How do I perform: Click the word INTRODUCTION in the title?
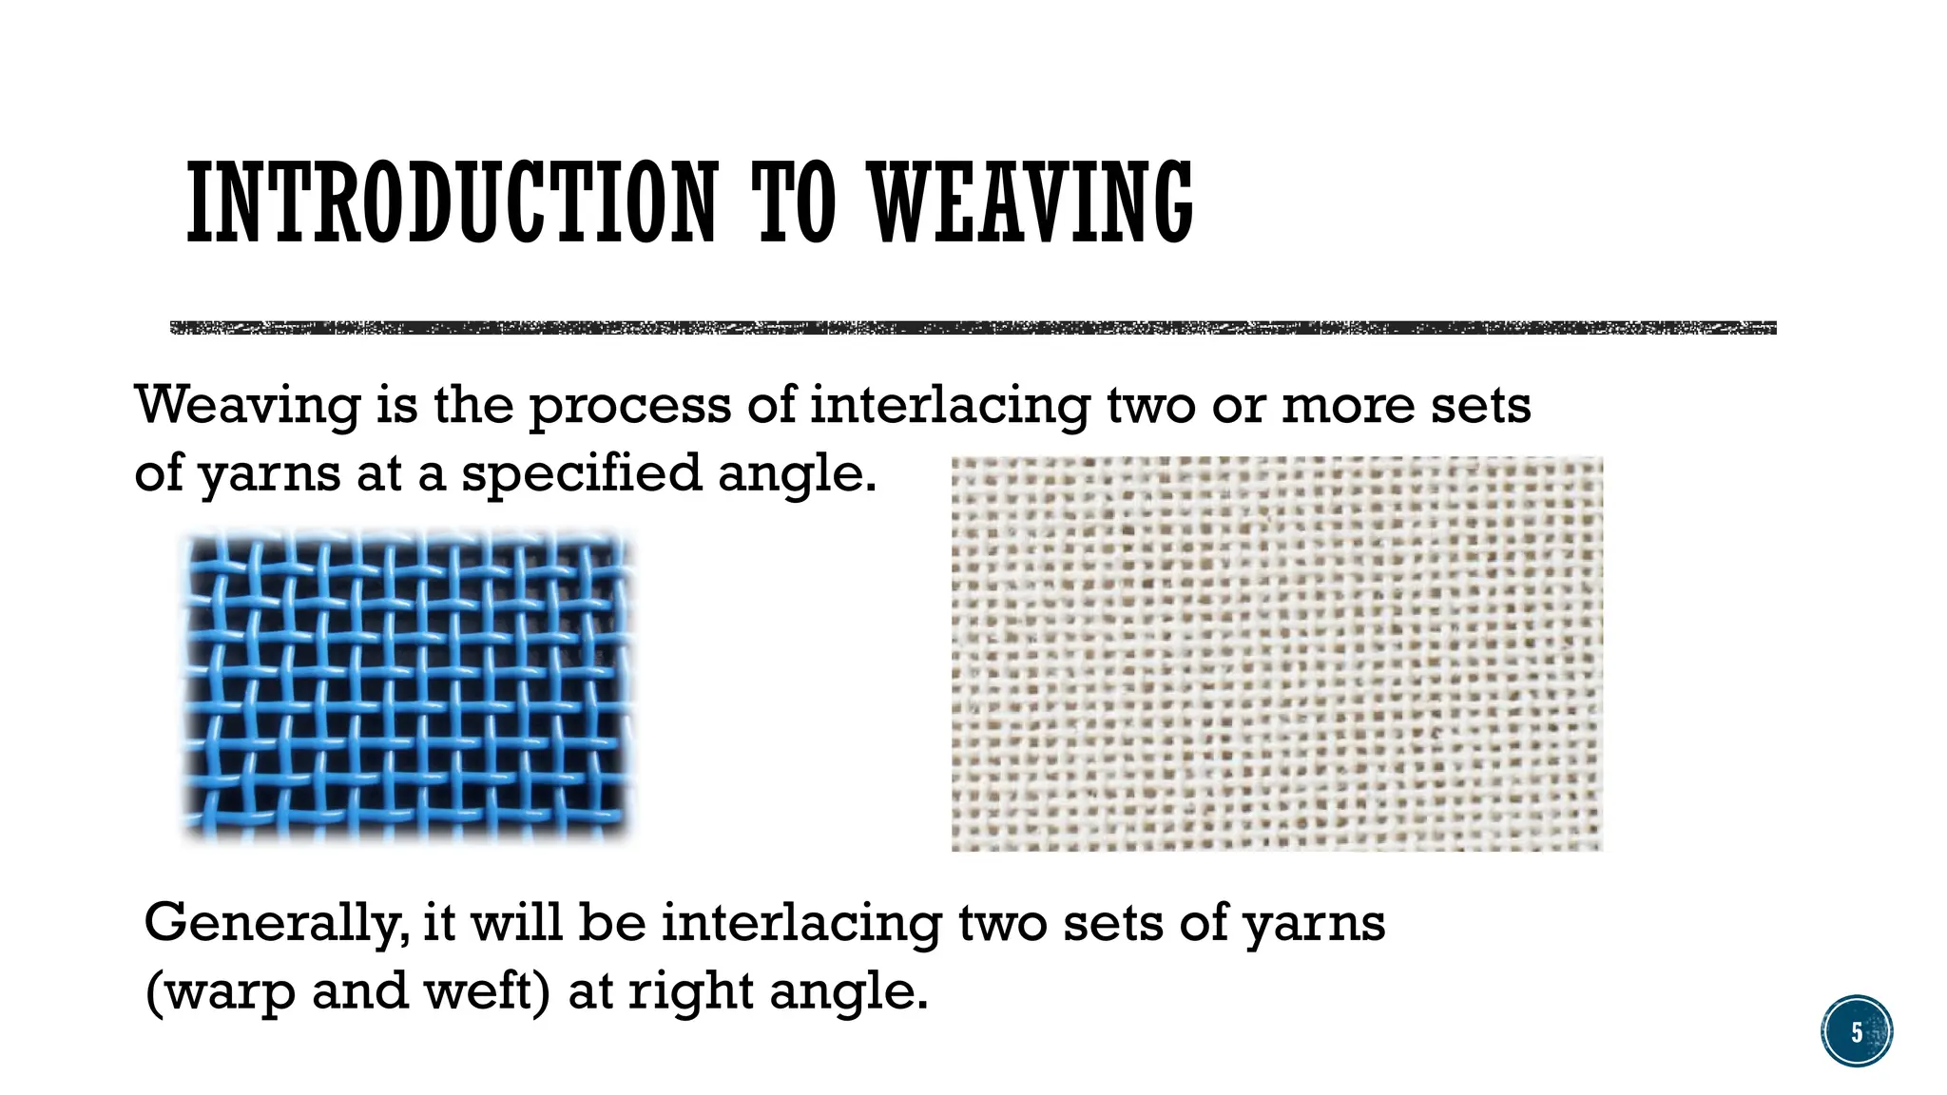pos(452,202)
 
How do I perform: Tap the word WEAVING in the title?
pos(1031,202)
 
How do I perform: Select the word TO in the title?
pos(794,202)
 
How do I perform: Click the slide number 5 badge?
pos(1857,1031)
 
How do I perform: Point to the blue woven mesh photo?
pos(407,686)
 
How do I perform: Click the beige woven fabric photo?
pos(1277,654)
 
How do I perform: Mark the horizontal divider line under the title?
pos(973,328)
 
